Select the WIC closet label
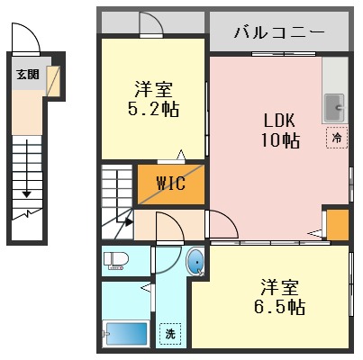click(170, 184)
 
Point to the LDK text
click(278, 120)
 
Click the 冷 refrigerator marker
click(336, 139)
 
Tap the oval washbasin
click(195, 262)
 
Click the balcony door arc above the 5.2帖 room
click(150, 25)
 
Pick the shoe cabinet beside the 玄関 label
click(54, 80)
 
